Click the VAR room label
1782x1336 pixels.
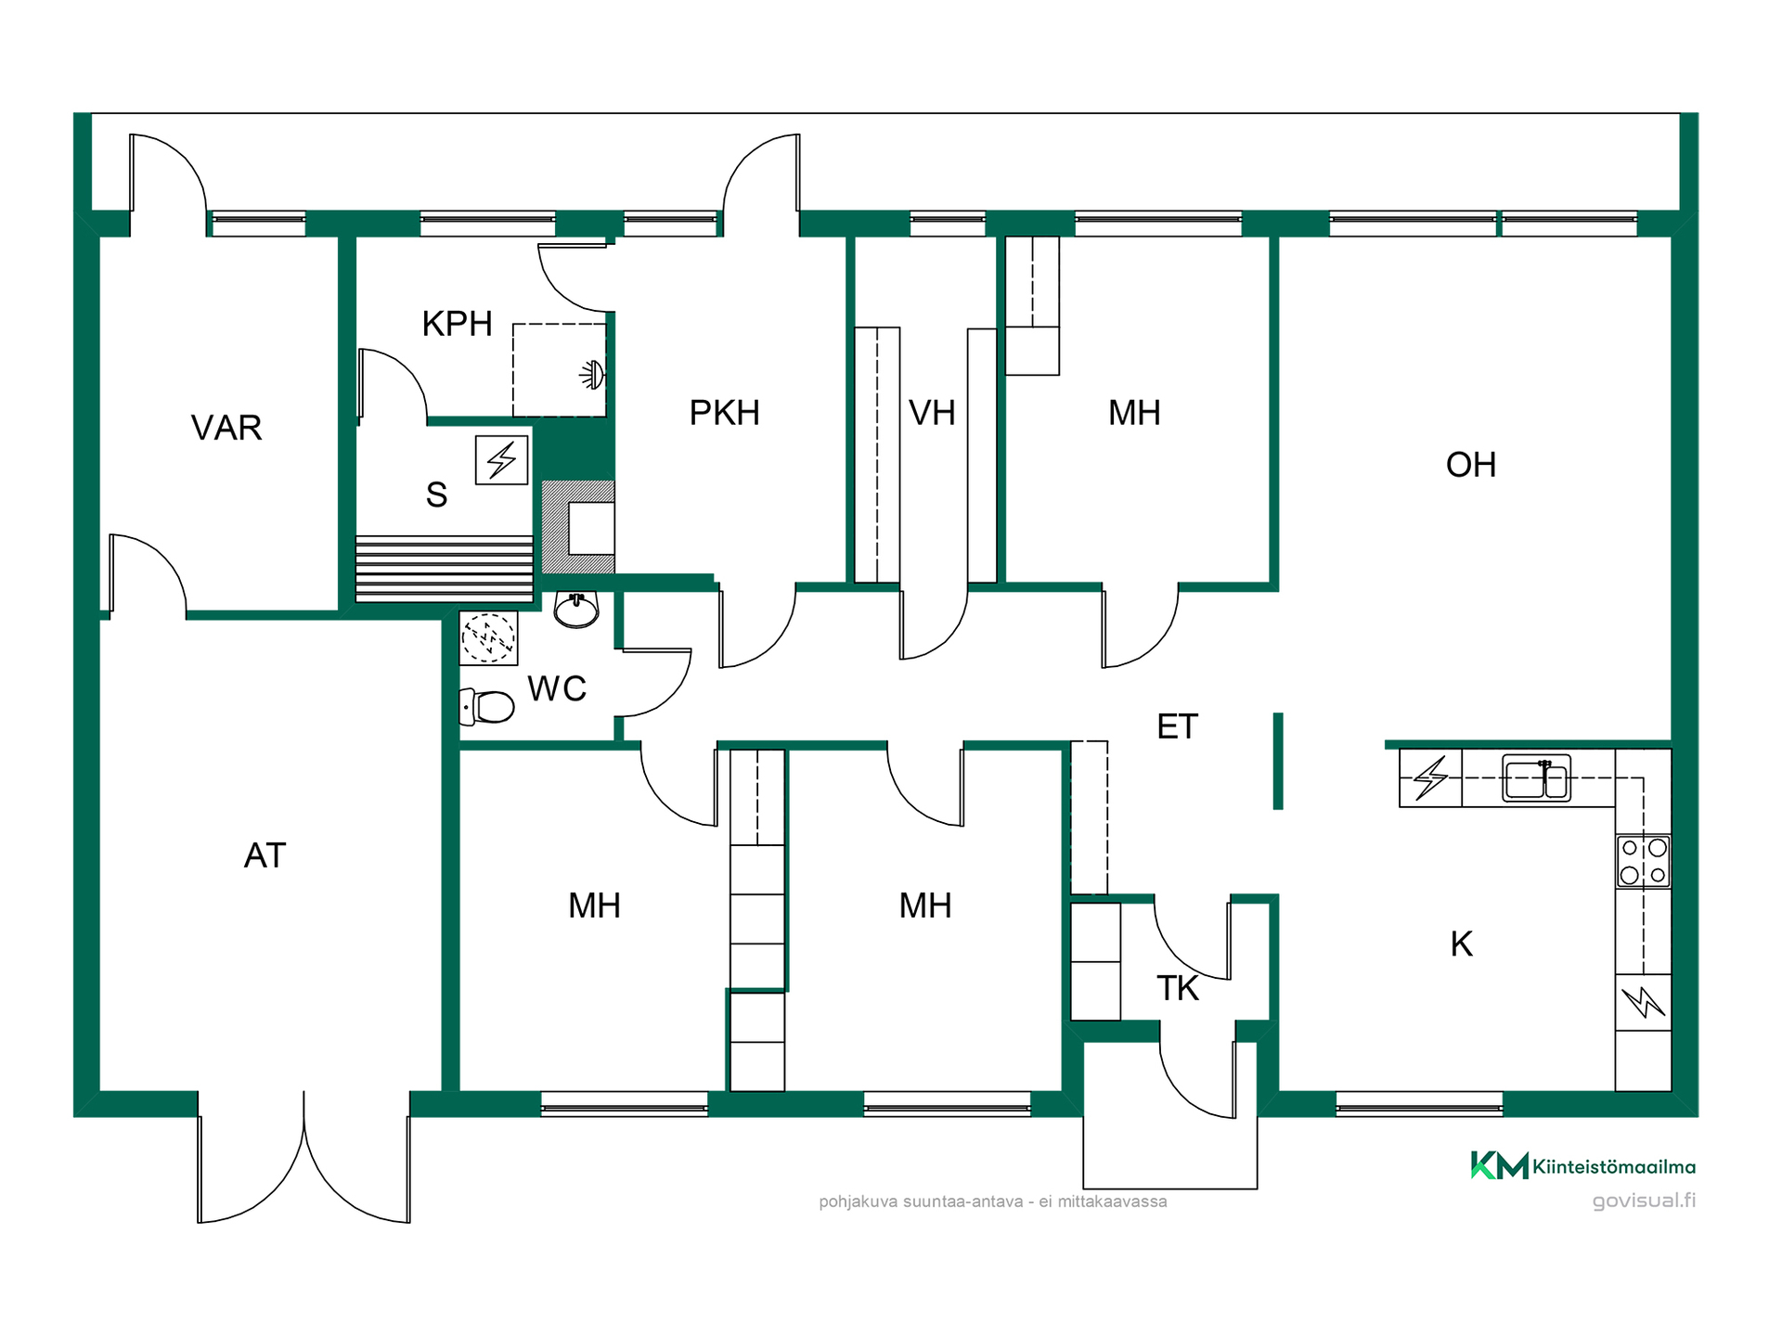tap(226, 428)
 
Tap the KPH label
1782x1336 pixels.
tap(457, 324)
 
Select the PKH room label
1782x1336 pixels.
tap(724, 413)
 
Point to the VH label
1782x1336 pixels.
tap(932, 413)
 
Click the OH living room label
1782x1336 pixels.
tap(1471, 465)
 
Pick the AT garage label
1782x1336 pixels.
tap(265, 855)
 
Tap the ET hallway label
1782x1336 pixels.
tap(1177, 726)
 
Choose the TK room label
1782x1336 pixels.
tap(1177, 989)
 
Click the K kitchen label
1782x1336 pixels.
tap(1462, 944)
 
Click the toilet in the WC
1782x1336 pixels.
tap(487, 707)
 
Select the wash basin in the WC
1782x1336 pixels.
tap(576, 610)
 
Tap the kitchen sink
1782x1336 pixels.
tap(1536, 777)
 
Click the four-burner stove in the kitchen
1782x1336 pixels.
tap(1644, 861)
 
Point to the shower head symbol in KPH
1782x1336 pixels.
tap(592, 375)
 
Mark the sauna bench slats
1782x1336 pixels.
tap(445, 568)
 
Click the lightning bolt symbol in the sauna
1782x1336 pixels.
tap(502, 460)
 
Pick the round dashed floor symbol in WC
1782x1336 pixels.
tap(488, 638)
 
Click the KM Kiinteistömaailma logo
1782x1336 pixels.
tap(1583, 1165)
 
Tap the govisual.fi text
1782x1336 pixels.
tap(1644, 1201)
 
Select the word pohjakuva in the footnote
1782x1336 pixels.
tap(859, 1202)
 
